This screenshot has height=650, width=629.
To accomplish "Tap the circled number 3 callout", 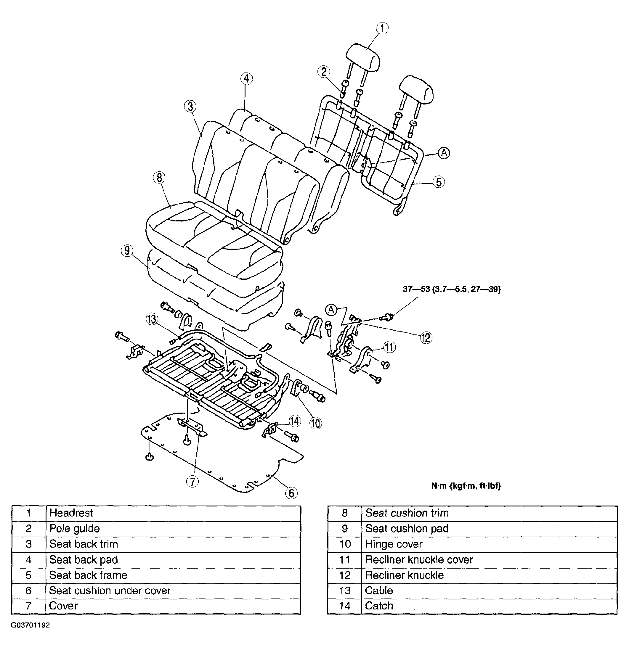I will (190, 107).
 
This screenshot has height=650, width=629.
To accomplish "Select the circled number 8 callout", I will (159, 178).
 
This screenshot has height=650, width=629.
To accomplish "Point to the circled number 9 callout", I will (127, 250).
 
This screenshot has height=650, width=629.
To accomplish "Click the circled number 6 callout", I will (291, 493).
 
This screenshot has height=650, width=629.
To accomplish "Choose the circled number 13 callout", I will (151, 319).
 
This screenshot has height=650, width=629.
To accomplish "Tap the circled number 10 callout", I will (315, 423).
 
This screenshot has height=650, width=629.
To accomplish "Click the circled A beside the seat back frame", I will (444, 153).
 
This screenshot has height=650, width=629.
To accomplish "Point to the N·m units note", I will (466, 486).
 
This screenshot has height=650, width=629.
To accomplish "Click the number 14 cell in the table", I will (345, 606).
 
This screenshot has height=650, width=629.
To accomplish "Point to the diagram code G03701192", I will (30, 625).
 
